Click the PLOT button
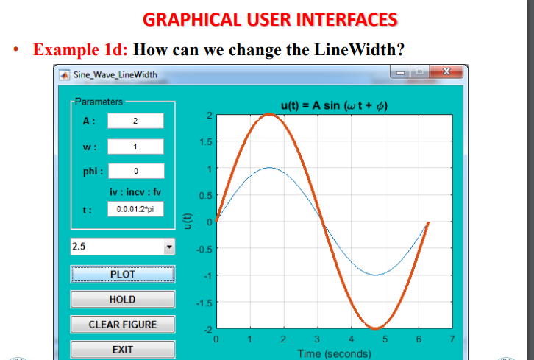click(122, 274)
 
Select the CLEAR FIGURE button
click(122, 324)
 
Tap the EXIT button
click(122, 350)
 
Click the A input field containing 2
click(136, 121)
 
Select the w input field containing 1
click(136, 147)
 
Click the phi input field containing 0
click(136, 172)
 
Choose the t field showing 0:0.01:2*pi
click(136, 209)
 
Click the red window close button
click(446, 72)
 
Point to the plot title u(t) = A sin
click(334, 105)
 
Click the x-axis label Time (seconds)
click(334, 353)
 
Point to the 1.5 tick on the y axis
click(207, 142)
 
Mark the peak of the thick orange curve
click(270, 114)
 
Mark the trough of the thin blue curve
click(375, 275)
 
